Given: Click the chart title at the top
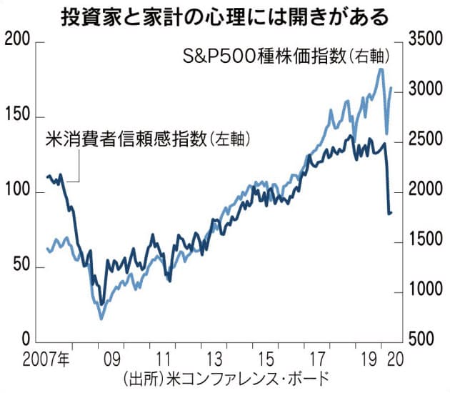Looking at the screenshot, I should click(x=224, y=15).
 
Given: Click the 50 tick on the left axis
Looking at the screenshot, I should click(x=21, y=267).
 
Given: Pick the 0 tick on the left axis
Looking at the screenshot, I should click(x=26, y=341).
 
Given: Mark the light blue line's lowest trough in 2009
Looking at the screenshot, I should click(x=101, y=318).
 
